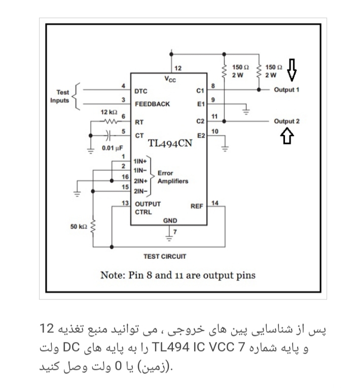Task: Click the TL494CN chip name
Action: pos(170,143)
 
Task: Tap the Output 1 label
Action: pos(286,90)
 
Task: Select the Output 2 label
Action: pos(286,121)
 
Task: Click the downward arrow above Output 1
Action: pos(292,70)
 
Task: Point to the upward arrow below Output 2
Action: pos(287,136)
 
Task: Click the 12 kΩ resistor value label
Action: pos(109,112)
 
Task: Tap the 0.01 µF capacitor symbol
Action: pos(108,135)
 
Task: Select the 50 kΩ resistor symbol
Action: pos(93,226)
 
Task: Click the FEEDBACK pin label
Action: pos(152,104)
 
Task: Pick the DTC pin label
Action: pos(140,91)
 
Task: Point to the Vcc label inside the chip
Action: pos(170,79)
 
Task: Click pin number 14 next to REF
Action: pos(214,203)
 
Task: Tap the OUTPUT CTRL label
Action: pos(148,208)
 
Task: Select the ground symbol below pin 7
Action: pos(169,238)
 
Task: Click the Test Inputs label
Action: pos(59,96)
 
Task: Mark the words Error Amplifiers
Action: pos(173,177)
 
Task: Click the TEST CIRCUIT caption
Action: pos(165,256)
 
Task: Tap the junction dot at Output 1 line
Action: pos(259,90)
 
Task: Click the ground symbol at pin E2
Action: pos(225,148)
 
